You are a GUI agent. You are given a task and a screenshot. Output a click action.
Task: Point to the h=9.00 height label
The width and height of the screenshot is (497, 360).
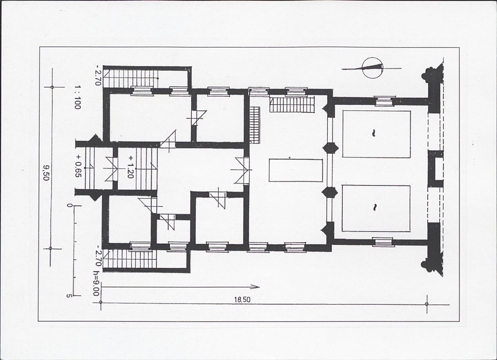(96, 283)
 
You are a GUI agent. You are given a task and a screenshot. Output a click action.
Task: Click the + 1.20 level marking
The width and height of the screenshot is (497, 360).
(130, 166)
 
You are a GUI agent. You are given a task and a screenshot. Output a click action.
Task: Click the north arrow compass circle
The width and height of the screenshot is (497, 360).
(372, 68)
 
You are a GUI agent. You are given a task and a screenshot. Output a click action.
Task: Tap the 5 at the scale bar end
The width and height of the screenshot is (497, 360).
(68, 296)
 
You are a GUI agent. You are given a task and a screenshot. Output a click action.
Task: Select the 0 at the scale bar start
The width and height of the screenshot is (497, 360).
(68, 206)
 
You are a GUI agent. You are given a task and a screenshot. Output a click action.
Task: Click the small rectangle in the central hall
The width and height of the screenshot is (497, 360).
(296, 170)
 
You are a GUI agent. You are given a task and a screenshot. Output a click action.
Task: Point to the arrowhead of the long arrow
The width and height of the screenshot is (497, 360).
(257, 287)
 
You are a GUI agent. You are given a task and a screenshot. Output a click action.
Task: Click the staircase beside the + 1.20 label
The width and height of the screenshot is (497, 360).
(146, 169)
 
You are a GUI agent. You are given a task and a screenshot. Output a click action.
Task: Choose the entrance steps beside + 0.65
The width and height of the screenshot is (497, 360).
(90, 168)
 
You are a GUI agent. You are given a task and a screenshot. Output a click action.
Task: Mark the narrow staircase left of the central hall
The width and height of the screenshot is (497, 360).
(255, 125)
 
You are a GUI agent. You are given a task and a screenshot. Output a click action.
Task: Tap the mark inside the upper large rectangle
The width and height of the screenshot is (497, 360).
(374, 133)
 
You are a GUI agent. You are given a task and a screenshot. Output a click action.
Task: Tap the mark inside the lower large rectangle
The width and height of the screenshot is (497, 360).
(374, 207)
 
